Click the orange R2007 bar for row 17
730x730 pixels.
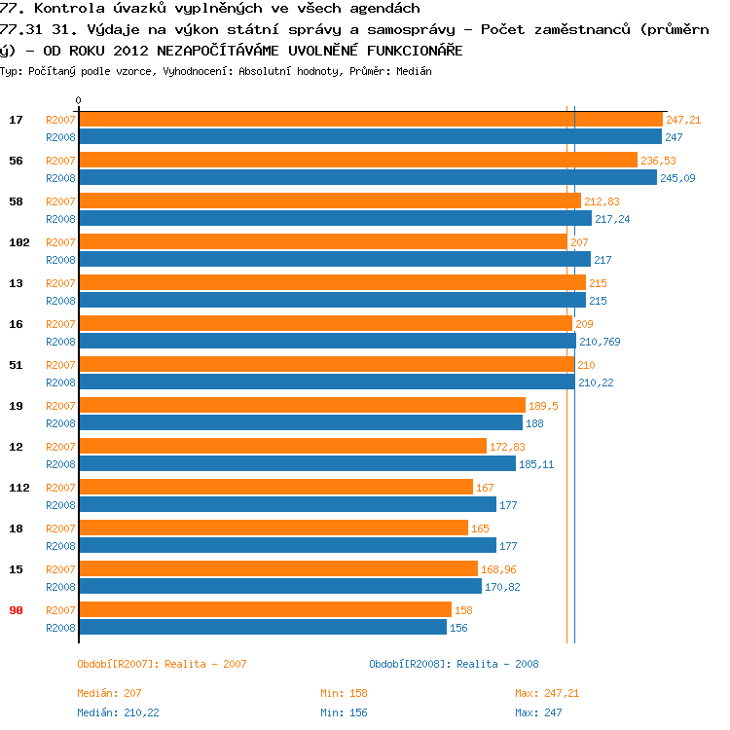click(x=370, y=120)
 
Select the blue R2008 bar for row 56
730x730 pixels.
click(x=367, y=178)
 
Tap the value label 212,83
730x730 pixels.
click(x=602, y=201)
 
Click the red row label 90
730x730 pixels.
click(x=16, y=609)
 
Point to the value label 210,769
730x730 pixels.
click(x=600, y=342)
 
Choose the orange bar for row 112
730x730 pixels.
click(x=275, y=487)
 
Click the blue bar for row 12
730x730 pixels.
click(x=297, y=464)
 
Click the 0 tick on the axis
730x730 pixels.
click(x=78, y=101)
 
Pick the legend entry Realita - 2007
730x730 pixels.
click(x=162, y=664)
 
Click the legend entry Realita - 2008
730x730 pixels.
click(x=454, y=664)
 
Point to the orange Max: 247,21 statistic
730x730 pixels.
click(x=547, y=693)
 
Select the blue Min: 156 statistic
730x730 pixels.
click(x=344, y=712)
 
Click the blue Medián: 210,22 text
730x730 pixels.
click(x=118, y=712)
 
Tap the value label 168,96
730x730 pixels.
click(x=498, y=568)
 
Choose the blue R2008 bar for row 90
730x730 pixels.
click(x=262, y=628)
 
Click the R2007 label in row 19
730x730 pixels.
click(x=60, y=405)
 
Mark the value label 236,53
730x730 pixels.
click(x=658, y=161)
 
